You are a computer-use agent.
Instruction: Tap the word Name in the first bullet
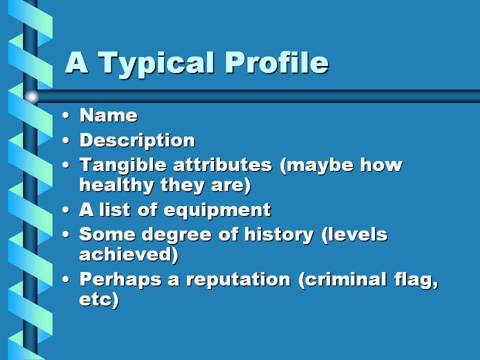click(108, 115)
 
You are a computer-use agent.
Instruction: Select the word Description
click(137, 141)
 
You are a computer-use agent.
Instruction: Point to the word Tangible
click(123, 164)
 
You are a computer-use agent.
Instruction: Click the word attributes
click(222, 164)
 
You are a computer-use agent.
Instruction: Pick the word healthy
click(116, 185)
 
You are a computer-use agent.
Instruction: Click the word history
click(279, 235)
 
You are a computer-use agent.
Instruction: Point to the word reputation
click(238, 280)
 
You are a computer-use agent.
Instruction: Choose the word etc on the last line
click(96, 299)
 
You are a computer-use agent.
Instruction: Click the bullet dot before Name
click(65, 115)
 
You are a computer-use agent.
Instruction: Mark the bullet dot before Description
click(65, 140)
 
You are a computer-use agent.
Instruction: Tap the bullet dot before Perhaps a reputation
click(65, 279)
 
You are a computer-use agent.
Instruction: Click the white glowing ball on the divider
click(31, 96)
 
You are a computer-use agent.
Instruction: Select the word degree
click(176, 235)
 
